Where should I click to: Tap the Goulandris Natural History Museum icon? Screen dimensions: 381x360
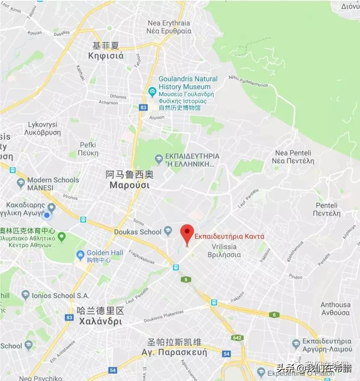tap(152, 91)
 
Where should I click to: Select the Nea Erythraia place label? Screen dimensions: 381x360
tap(169, 27)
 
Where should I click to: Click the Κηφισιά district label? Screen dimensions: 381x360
tap(106, 55)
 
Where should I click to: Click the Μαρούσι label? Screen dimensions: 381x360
tap(130, 185)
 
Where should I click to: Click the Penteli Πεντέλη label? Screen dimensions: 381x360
tap(328, 210)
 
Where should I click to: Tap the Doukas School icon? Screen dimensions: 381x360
tap(168, 231)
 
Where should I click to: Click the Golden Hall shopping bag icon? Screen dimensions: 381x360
tap(81, 254)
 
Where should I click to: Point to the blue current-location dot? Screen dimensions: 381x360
tap(47, 215)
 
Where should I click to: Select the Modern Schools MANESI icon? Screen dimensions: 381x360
tap(21, 183)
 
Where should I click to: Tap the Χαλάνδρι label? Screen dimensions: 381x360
tap(100, 321)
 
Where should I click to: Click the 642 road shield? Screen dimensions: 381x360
tap(238, 338)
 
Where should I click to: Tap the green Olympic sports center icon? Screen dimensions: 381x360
tap(62, 237)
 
